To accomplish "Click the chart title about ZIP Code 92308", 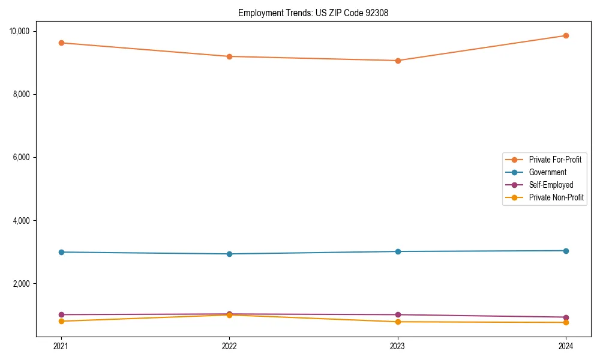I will pos(313,13).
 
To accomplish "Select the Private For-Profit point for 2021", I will pos(61,43).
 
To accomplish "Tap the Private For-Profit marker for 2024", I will pos(566,35).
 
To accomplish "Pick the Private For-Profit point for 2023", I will pos(398,61).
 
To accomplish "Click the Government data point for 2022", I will pos(229,254).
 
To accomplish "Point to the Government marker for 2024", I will pos(566,251).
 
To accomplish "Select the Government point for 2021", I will pos(61,252).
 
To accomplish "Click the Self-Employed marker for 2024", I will pos(566,317).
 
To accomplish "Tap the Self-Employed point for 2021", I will pos(61,314).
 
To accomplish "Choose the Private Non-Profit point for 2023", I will pos(398,322).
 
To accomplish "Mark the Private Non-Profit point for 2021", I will pos(61,322).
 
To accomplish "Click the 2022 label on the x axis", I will pos(229,346).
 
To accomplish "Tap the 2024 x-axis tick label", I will pos(566,346).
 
